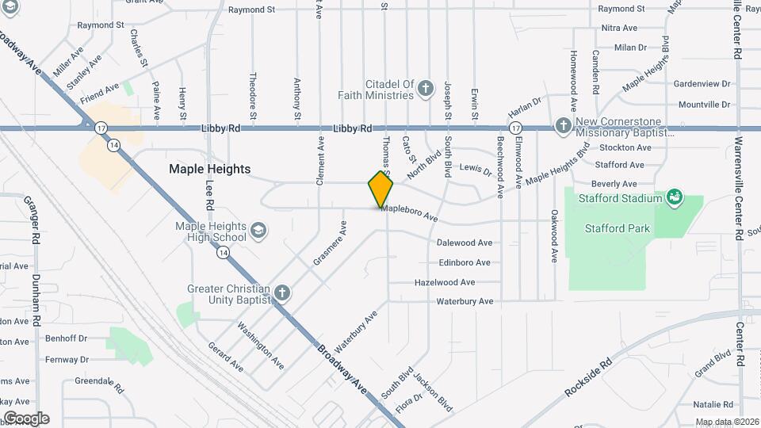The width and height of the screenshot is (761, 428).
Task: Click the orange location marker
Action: pos(380,189)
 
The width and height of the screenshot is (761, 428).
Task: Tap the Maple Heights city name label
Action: pos(209,169)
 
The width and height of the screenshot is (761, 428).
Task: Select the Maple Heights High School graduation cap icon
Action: pos(258,231)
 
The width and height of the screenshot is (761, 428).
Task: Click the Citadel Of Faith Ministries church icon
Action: pos(426,88)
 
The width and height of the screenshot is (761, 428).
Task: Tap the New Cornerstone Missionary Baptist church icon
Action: pos(563,125)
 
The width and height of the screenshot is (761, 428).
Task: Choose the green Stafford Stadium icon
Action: pos(675,196)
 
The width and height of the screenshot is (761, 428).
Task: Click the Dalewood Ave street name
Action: pos(465,243)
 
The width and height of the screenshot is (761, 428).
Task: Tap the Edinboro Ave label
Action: pos(465,262)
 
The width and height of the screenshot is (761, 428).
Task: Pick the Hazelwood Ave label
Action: pos(445,282)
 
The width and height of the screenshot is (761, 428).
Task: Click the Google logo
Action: pos(26,418)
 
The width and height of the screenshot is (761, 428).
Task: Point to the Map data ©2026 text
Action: pos(725,422)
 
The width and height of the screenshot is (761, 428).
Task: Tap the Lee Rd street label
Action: pos(210,194)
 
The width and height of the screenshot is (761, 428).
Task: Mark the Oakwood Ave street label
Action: pos(554,235)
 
